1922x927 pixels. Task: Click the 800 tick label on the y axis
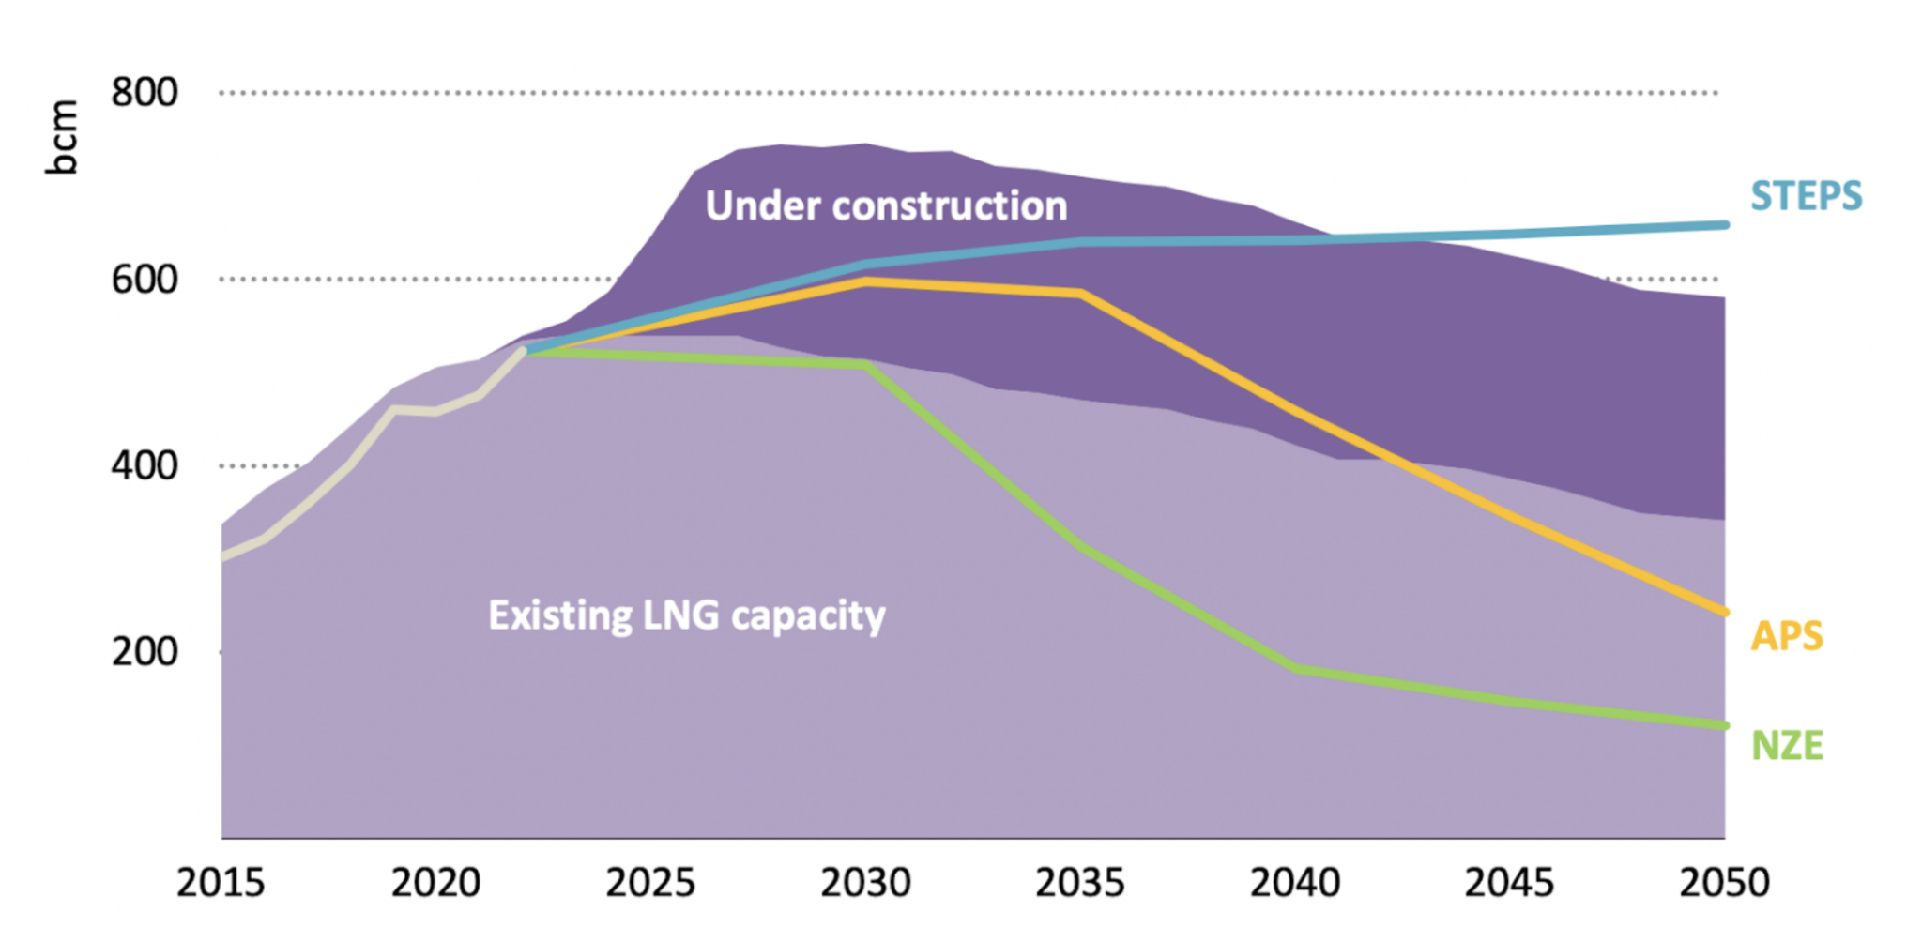click(144, 93)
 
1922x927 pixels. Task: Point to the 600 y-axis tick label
click(144, 280)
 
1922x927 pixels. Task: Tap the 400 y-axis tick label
click(144, 465)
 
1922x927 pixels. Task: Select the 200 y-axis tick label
click(144, 651)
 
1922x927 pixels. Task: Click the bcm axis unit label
click(62, 137)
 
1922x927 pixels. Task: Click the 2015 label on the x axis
click(221, 883)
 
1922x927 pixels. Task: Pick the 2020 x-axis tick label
click(435, 883)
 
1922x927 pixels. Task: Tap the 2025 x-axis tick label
click(650, 883)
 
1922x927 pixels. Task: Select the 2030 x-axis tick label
click(865, 883)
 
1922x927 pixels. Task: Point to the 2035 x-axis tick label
click(1080, 883)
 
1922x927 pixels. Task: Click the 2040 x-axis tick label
click(1295, 883)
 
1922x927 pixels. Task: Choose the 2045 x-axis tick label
click(1510, 883)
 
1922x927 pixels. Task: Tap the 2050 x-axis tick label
click(1724, 883)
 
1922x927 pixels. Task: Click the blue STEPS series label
click(1806, 196)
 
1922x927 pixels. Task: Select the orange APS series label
click(1786, 636)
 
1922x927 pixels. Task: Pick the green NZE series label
click(1787, 746)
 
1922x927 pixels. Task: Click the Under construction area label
click(886, 206)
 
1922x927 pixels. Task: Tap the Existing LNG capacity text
click(686, 616)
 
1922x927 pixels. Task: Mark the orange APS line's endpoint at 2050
click(1724, 613)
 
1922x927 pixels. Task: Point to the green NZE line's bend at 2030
click(866, 364)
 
